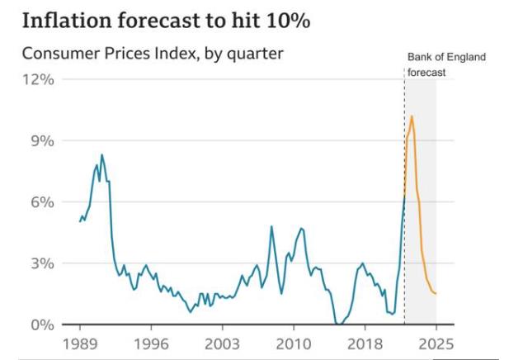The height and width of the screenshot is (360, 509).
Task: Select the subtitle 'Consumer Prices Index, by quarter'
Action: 152,54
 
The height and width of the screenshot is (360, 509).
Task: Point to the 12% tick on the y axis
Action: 37,79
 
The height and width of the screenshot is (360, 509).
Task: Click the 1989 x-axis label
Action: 81,343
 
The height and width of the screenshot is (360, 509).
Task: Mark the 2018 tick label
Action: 364,343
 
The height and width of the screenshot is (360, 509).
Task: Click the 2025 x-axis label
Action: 435,343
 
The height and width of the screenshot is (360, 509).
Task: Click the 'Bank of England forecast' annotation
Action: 446,64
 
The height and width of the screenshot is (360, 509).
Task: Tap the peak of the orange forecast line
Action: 412,116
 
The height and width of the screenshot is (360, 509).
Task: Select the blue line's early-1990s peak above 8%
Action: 102,154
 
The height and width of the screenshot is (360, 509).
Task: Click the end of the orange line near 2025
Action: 436,294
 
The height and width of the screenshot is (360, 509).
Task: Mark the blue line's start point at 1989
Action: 80,221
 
